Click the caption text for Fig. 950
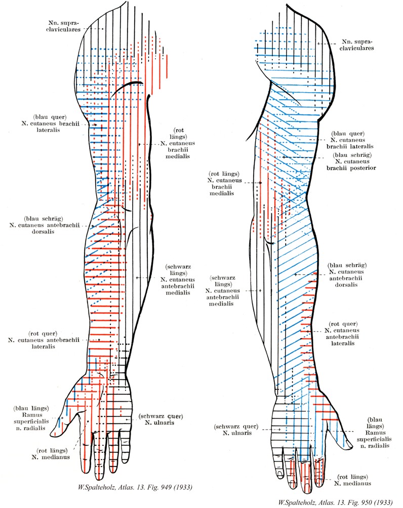pos(332,503)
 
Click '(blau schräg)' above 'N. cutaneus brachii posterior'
pos(353,154)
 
